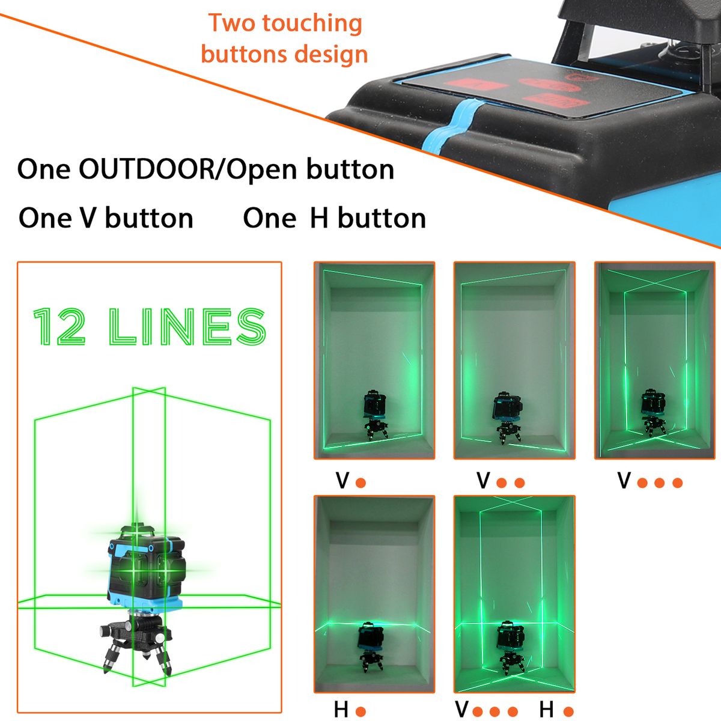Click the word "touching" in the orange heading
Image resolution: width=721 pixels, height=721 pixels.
312,24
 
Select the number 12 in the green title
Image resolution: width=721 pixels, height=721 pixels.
59,326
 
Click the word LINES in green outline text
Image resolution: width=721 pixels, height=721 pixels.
187,326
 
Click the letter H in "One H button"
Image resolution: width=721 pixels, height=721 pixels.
319,219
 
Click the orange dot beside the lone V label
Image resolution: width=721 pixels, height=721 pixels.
360,482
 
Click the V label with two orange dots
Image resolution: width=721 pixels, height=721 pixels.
483,481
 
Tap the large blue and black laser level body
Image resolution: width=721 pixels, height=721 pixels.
147,570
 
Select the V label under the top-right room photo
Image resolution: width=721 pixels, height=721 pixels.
624,481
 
